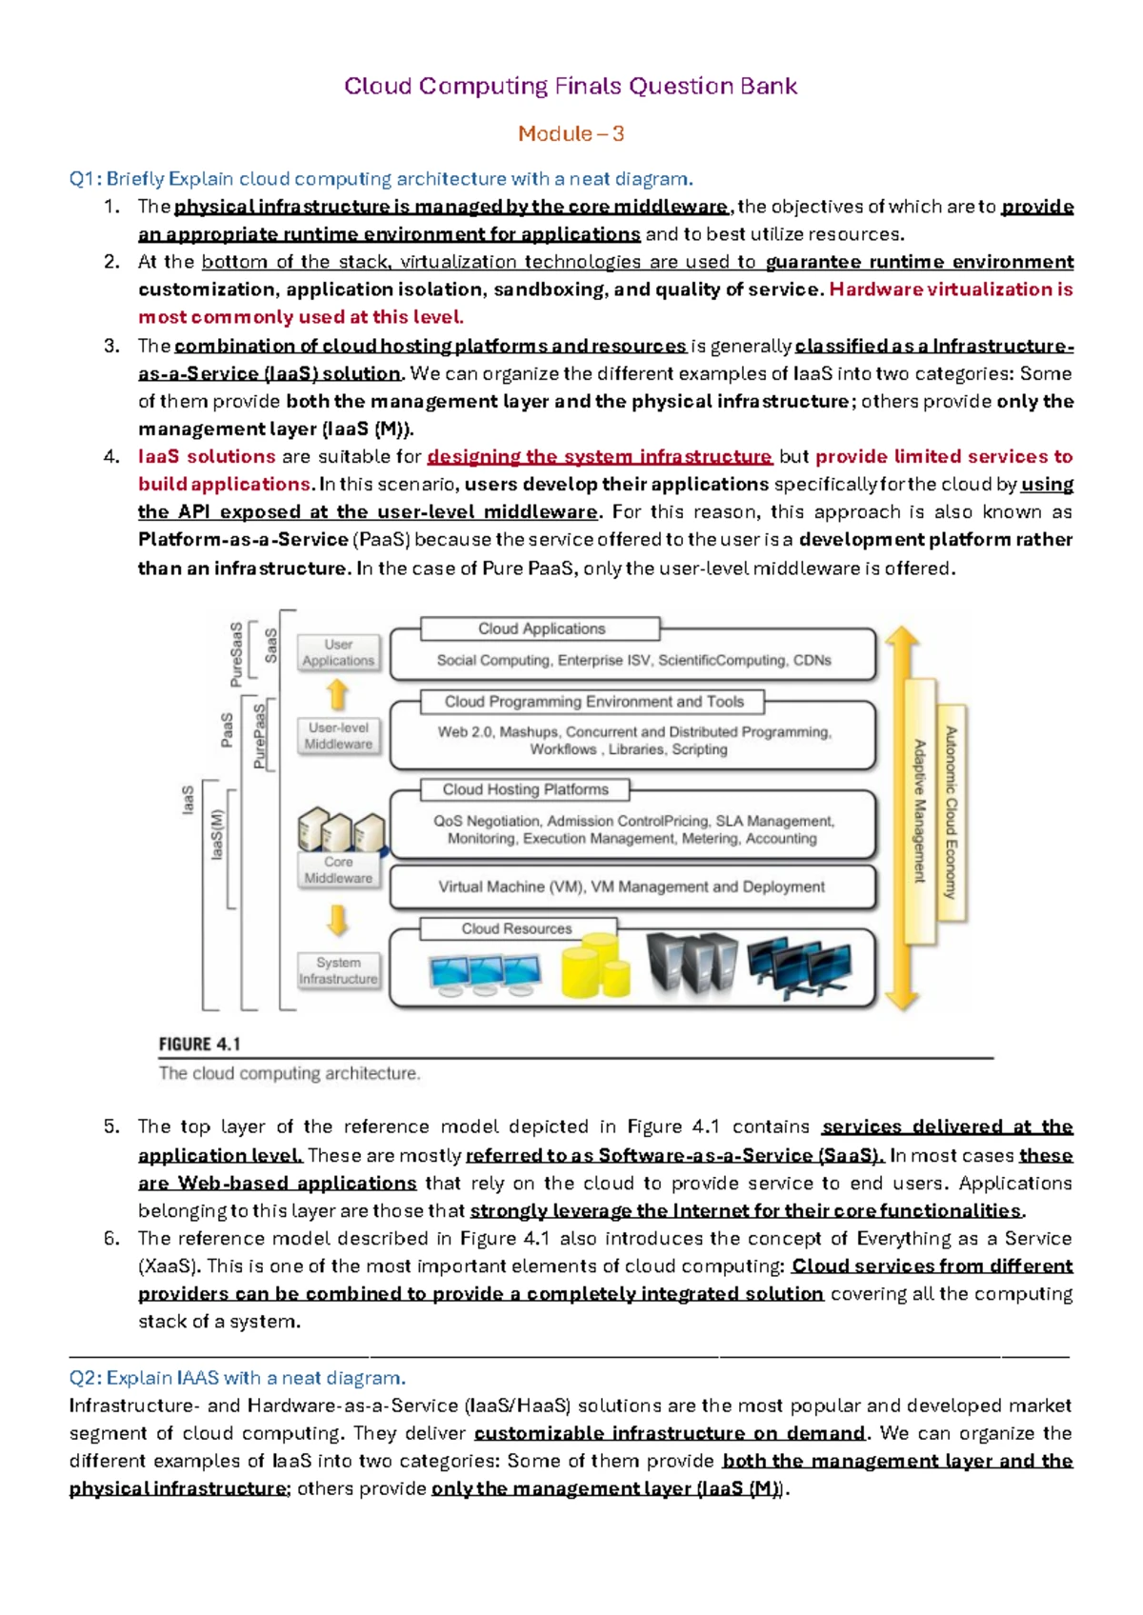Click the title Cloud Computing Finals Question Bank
571,87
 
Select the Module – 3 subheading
571,133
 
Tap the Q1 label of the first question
85,179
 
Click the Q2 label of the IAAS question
85,1378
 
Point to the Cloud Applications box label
541,628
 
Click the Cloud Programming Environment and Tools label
593,702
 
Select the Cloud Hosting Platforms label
525,789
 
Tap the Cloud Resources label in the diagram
516,928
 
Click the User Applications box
338,652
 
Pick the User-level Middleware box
338,736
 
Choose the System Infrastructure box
338,970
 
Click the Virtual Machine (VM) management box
632,887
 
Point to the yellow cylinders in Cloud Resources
595,966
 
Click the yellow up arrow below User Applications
337,694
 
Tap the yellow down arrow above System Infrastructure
337,920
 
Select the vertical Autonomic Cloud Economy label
951,812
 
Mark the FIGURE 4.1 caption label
200,1045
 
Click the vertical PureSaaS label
236,654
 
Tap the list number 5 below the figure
111,1127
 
